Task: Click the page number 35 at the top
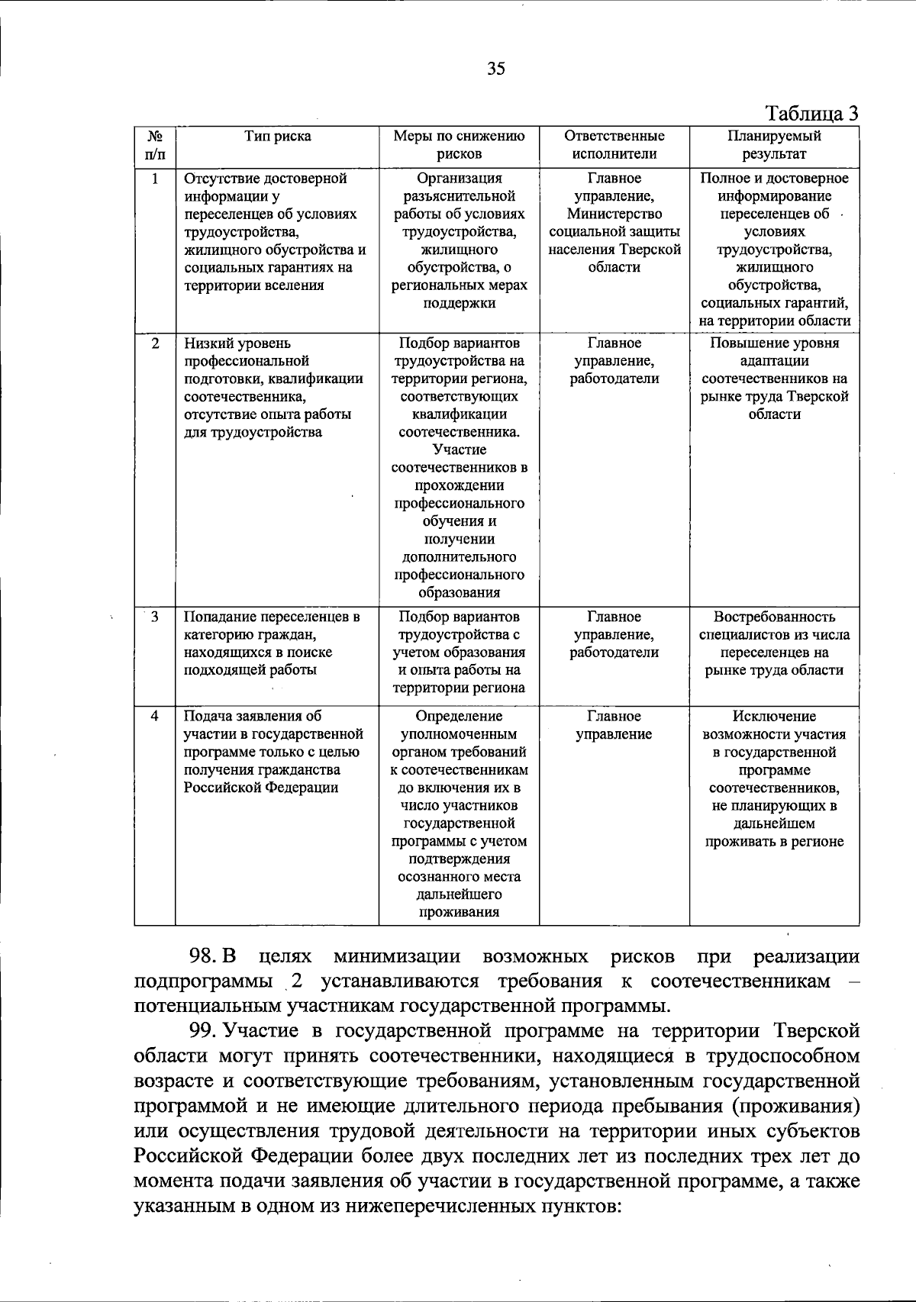[x=496, y=69]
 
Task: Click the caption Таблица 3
[x=812, y=114]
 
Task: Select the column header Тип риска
[x=277, y=137]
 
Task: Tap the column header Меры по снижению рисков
[x=459, y=145]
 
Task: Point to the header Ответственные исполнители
[x=614, y=145]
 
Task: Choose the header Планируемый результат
[x=774, y=145]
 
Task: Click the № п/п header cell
[x=155, y=145]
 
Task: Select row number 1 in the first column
[x=155, y=179]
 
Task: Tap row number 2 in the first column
[x=155, y=343]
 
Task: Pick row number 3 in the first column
[x=155, y=617]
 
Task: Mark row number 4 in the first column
[x=155, y=717]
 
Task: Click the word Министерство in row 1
[x=614, y=214]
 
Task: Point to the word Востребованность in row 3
[x=774, y=617]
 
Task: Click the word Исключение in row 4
[x=774, y=717]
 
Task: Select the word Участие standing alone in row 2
[x=459, y=450]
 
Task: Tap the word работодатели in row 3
[x=614, y=653]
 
